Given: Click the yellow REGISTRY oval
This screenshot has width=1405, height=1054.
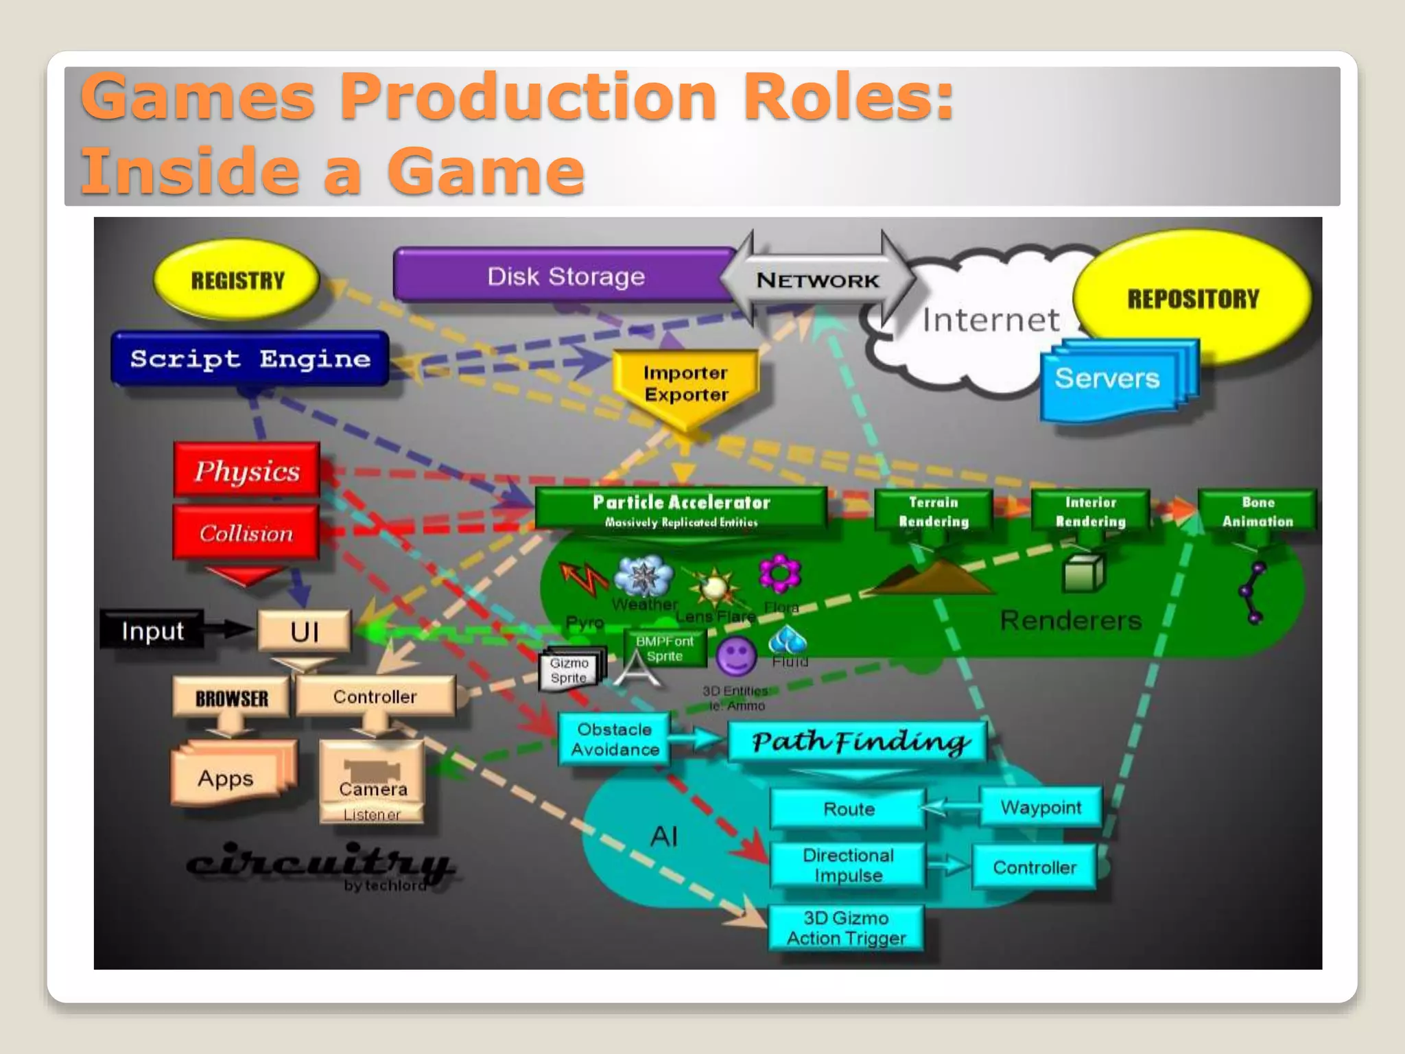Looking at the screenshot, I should [237, 280].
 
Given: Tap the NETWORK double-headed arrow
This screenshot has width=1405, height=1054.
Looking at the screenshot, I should [817, 280].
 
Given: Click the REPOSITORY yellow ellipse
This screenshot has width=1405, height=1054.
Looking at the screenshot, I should [1192, 298].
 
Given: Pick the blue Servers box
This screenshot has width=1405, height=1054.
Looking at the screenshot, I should [1107, 379].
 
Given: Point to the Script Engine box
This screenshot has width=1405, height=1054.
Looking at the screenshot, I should [250, 359].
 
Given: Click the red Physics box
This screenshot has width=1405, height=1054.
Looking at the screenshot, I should [247, 471].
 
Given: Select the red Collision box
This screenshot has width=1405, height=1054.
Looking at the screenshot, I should [246, 533].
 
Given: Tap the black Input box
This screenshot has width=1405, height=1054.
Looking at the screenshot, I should [152, 631].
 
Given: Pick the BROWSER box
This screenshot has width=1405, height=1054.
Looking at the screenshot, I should [231, 698].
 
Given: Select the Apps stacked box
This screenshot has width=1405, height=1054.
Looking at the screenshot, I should [226, 778].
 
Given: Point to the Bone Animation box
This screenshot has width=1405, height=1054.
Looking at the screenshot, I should [1257, 511].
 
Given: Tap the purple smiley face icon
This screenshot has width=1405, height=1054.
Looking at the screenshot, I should [735, 656].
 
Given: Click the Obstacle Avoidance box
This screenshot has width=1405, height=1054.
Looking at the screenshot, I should [614, 739].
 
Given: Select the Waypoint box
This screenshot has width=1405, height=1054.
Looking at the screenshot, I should [1040, 808].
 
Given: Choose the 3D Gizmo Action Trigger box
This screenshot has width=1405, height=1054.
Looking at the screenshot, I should [845, 928].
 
